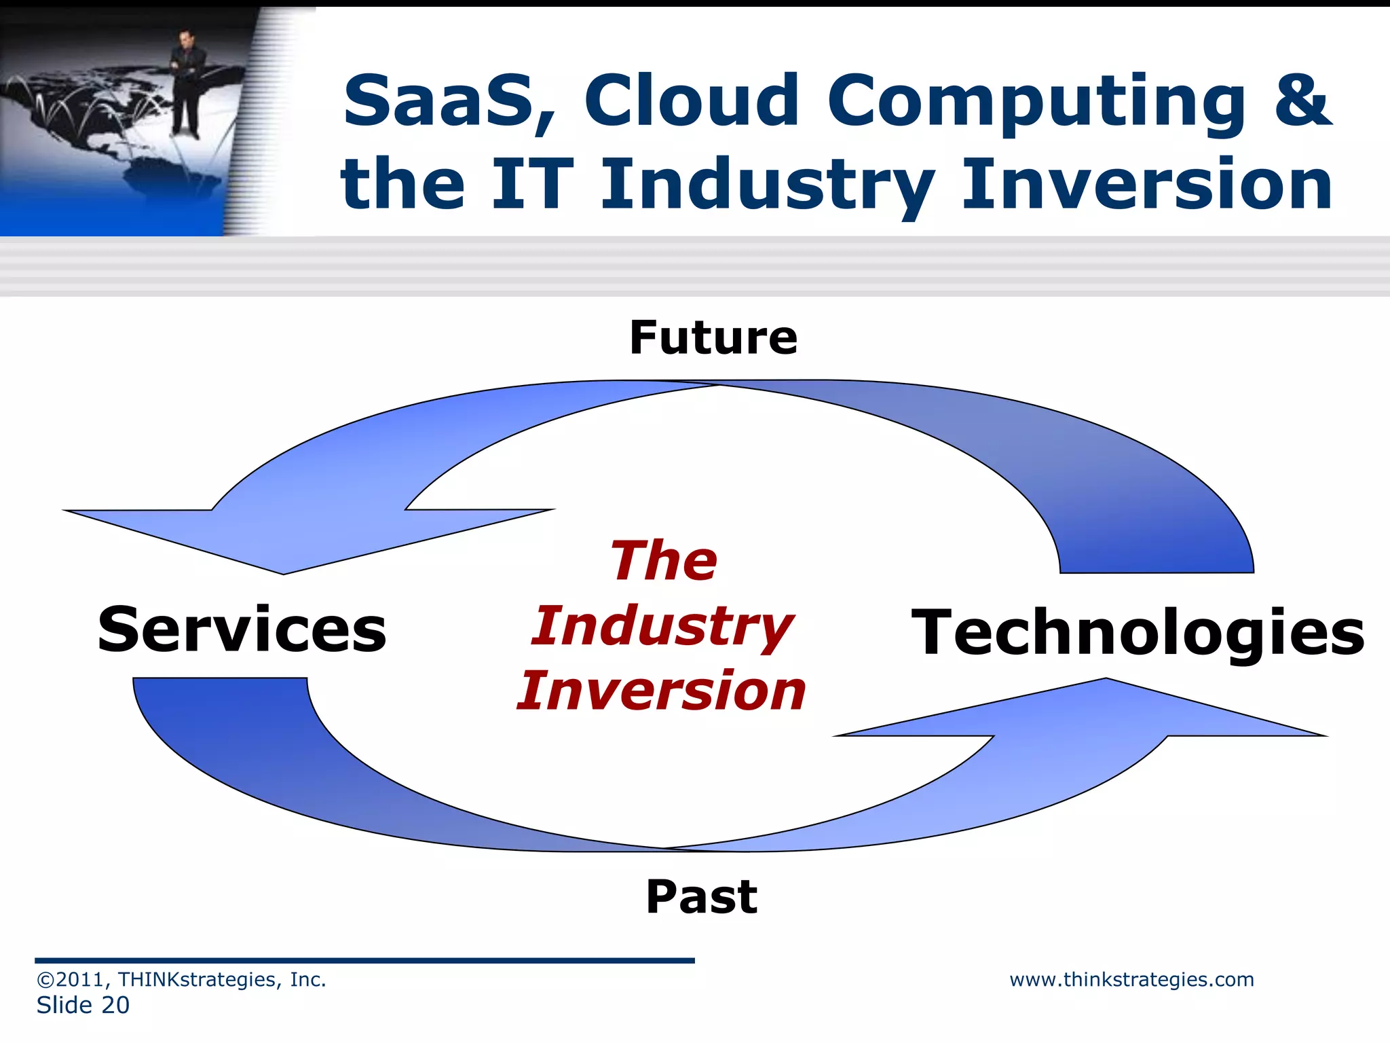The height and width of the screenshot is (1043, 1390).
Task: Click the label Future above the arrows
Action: point(713,337)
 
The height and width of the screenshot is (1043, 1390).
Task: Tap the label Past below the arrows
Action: point(701,896)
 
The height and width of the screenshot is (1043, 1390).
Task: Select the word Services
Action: point(242,630)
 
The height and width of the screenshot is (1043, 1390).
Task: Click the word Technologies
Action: point(1138,632)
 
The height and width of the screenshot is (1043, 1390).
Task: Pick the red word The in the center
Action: point(664,561)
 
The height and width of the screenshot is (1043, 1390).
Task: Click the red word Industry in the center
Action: point(662,626)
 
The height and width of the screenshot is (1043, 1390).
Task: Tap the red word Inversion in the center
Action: point(661,691)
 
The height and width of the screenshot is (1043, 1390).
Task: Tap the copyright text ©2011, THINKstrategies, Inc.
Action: point(181,979)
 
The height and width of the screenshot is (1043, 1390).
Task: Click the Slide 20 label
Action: point(83,1005)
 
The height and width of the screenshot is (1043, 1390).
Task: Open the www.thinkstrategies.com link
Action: point(1131,979)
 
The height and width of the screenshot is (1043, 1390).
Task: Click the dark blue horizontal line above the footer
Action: point(364,960)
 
